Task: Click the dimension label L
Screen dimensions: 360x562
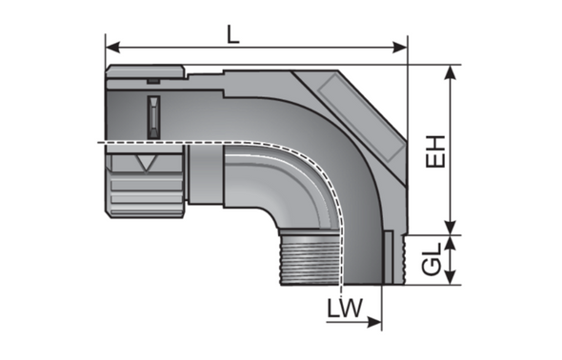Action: tap(232, 31)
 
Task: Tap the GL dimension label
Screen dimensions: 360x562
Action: tap(434, 260)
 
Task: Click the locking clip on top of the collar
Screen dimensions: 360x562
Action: tap(146, 73)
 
